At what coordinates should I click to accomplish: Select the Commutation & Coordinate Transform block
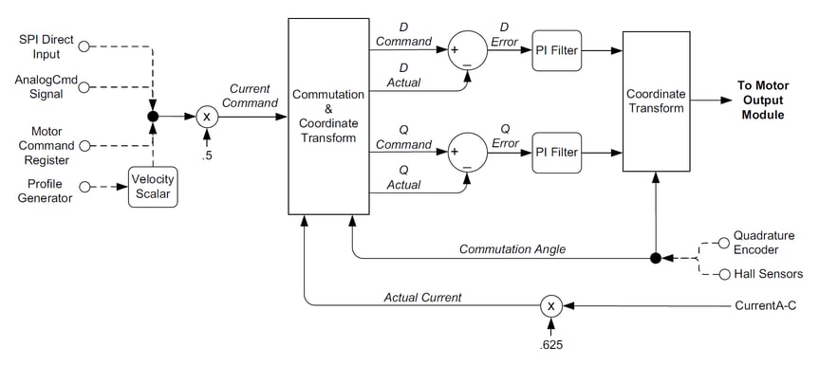click(x=328, y=116)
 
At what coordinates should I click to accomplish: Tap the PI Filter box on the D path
click(x=556, y=48)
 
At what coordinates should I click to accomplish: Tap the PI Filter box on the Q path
click(x=556, y=152)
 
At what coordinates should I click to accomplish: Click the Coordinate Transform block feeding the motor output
click(x=656, y=101)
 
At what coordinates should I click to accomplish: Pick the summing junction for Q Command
click(x=467, y=152)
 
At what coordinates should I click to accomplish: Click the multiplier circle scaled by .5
click(x=207, y=117)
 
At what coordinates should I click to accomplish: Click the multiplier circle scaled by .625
click(x=551, y=305)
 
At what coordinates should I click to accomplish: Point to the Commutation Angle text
click(x=512, y=248)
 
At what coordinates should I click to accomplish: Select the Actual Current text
click(x=422, y=297)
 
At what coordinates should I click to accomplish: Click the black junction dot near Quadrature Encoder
click(x=656, y=257)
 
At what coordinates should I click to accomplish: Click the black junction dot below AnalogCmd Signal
click(x=153, y=117)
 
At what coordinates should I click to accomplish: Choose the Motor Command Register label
click(x=41, y=146)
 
